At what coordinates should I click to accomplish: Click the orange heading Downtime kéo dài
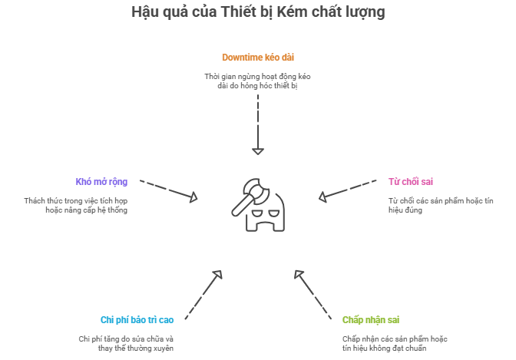[258, 58]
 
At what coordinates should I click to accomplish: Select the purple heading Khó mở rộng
[101, 182]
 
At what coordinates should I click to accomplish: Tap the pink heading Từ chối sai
[411, 182]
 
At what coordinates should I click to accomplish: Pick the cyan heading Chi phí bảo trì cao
[137, 319]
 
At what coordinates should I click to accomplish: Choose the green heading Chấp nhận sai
[370, 319]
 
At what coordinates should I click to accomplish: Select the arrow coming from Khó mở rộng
[170, 191]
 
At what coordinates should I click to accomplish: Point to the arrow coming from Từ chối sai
[346, 191]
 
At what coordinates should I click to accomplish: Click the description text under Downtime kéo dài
[258, 81]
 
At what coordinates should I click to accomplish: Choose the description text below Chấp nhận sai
[395, 343]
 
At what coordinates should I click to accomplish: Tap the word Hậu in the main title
[144, 12]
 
